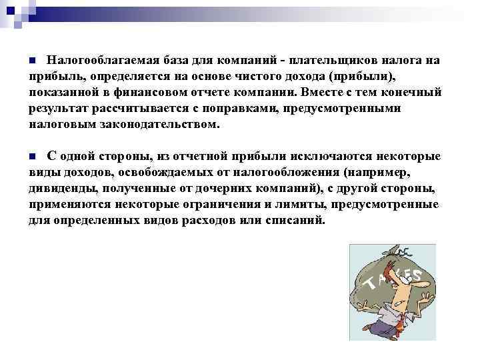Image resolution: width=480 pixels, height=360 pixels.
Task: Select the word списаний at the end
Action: (x=297, y=220)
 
